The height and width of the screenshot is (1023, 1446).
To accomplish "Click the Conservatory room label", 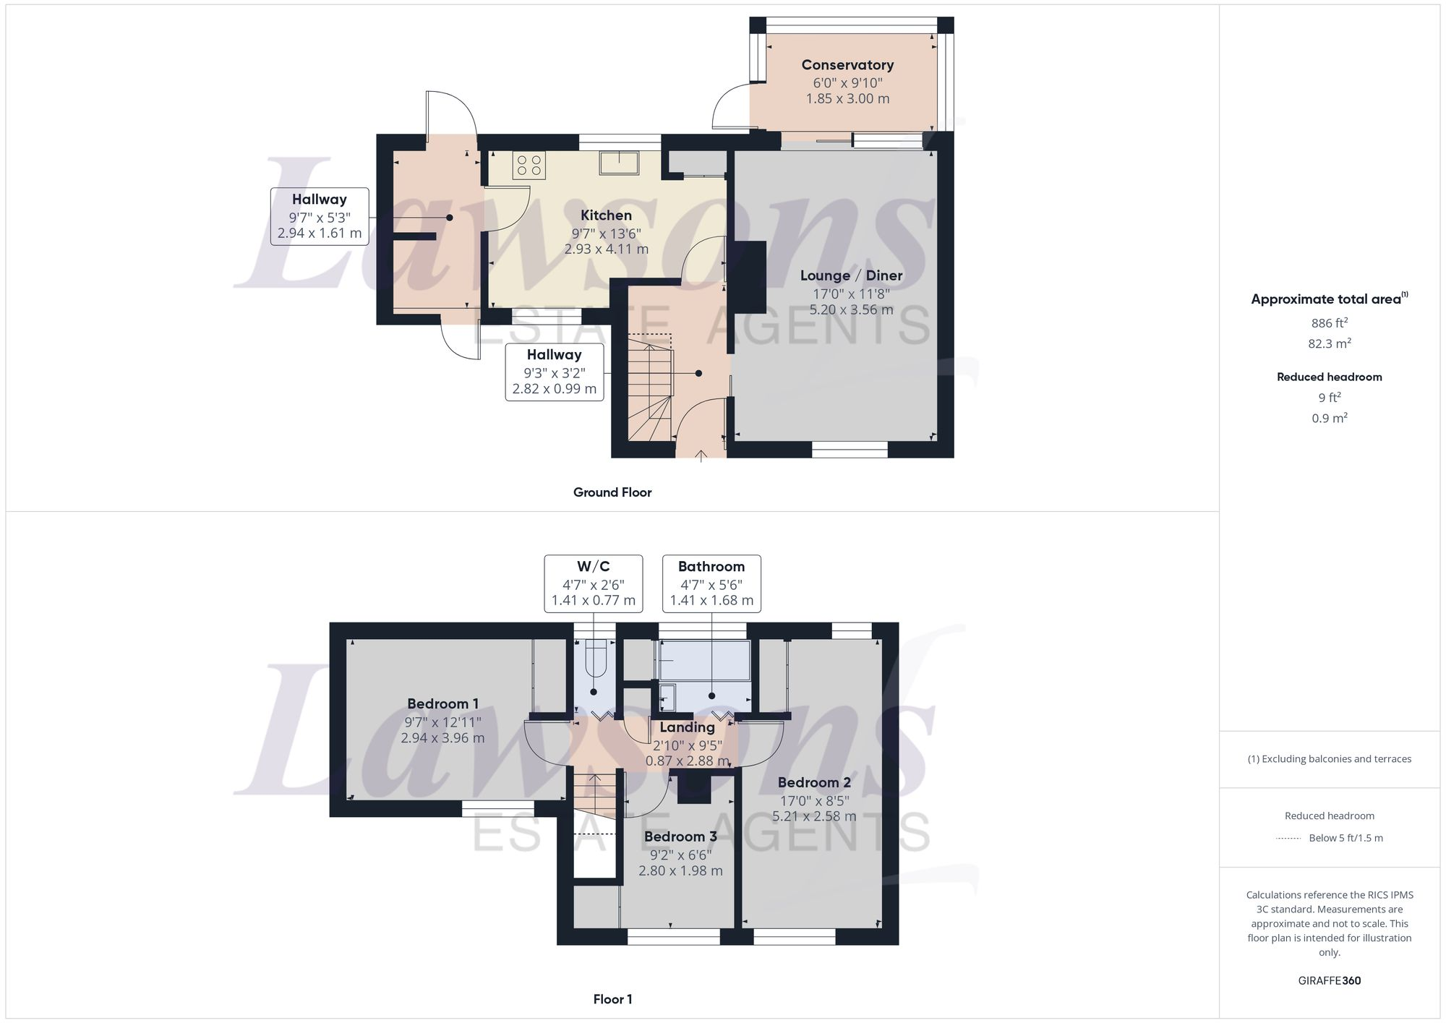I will click(847, 65).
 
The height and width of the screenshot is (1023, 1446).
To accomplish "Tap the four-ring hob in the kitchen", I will click(529, 165).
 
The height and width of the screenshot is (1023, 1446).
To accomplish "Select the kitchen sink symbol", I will click(619, 163).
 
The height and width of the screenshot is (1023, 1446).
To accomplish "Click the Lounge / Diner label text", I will click(851, 275).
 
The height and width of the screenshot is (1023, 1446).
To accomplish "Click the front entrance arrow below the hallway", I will click(701, 455).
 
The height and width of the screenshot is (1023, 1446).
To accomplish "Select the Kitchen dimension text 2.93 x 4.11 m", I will click(606, 249).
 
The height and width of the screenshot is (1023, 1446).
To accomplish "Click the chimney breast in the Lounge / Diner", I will click(750, 277).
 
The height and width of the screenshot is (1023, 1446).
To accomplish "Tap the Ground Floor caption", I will click(612, 492).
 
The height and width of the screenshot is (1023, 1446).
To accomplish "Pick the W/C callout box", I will click(593, 583).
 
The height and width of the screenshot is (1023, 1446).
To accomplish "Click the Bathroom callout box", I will click(711, 583).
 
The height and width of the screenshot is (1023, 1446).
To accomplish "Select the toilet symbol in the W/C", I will click(595, 659).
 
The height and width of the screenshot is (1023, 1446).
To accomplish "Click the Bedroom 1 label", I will click(442, 703).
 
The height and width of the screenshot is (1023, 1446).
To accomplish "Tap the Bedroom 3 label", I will click(680, 836).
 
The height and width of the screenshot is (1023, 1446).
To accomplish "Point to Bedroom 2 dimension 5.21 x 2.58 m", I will click(814, 816).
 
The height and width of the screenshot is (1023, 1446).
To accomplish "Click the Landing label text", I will click(687, 727).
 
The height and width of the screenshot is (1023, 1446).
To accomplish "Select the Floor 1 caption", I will click(612, 999).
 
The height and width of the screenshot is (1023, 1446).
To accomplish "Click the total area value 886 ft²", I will click(1329, 323).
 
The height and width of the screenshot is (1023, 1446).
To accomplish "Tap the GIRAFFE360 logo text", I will click(1329, 980).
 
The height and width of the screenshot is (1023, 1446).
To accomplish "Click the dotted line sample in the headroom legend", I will click(1288, 839).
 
